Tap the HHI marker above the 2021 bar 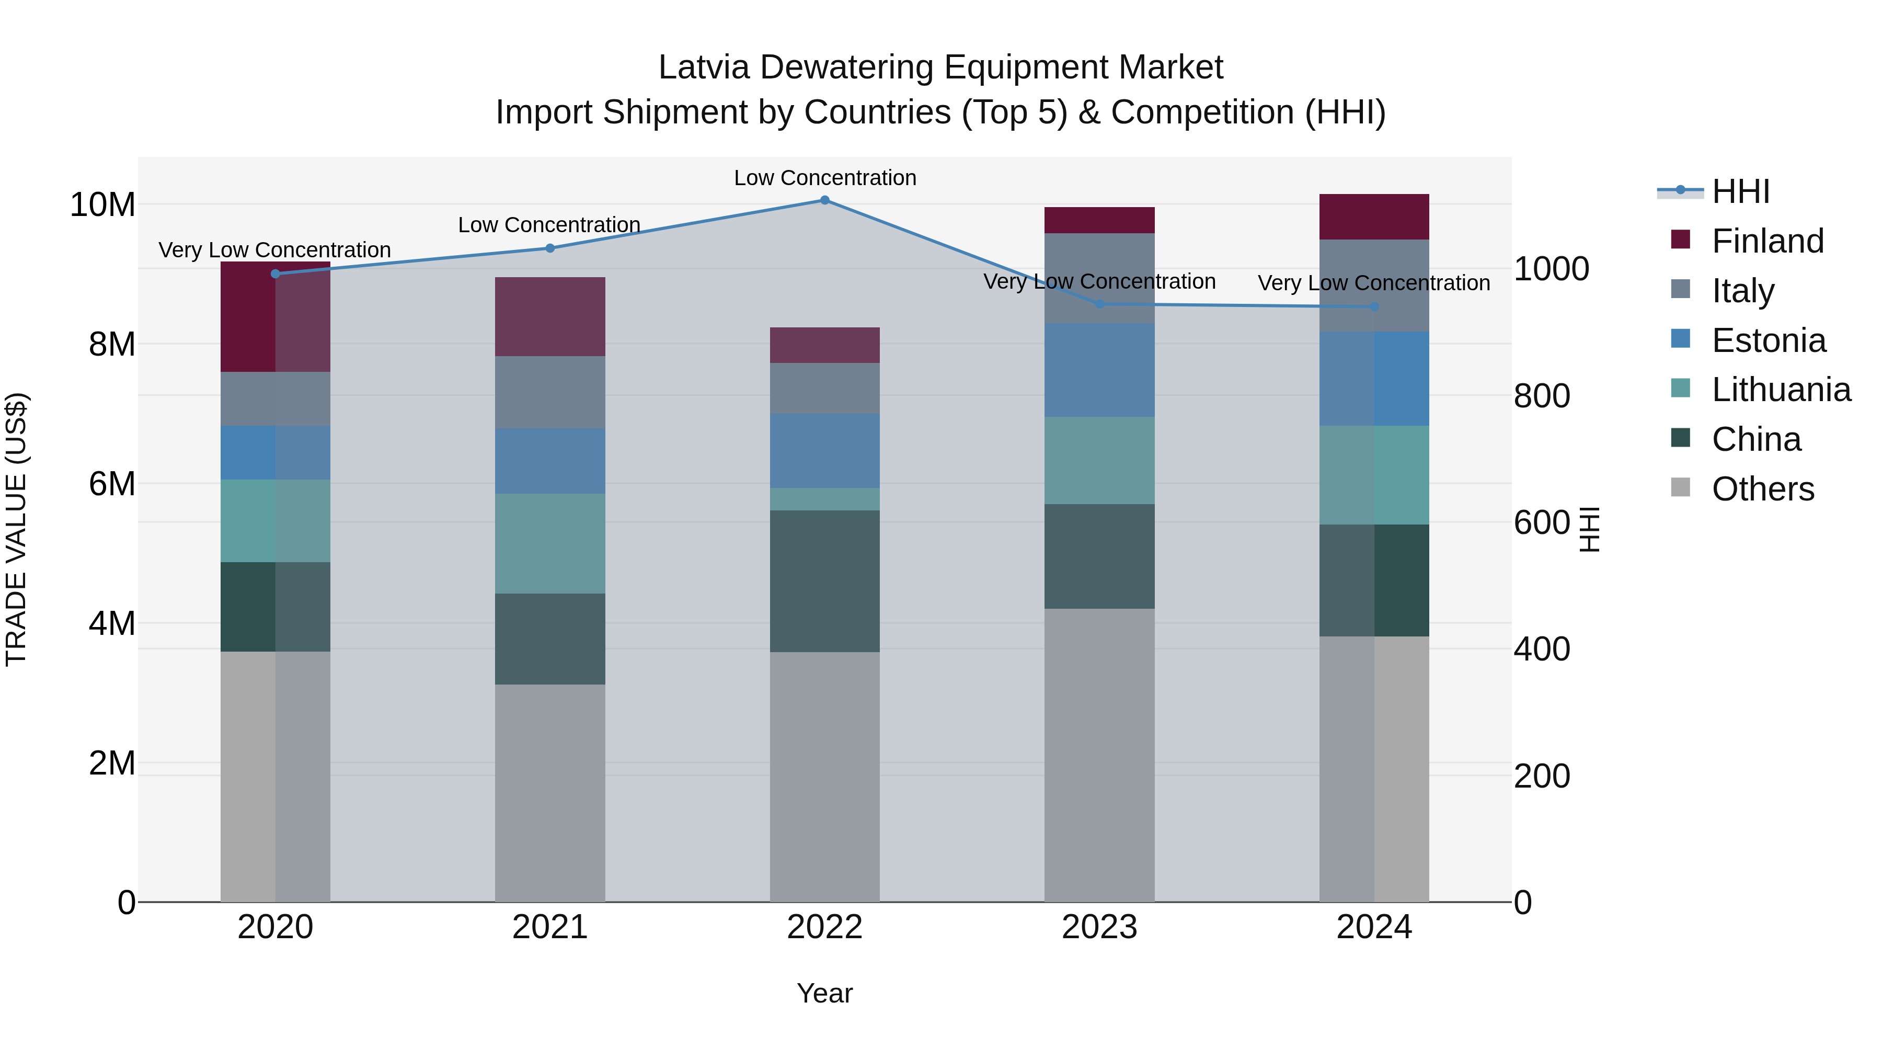[x=550, y=248]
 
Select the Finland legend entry [x=1768, y=241]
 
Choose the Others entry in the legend [x=1762, y=489]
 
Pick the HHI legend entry [x=1740, y=191]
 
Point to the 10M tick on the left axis [x=102, y=204]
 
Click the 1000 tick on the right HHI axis [x=1551, y=269]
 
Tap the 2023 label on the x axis [x=1099, y=927]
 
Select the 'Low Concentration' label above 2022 [x=825, y=178]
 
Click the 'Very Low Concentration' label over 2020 [x=274, y=250]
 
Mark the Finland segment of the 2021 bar [x=550, y=316]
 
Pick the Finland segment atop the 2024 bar [x=1373, y=217]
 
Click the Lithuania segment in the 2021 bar [x=550, y=543]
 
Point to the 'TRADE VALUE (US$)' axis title [x=16, y=529]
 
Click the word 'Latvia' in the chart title [x=704, y=67]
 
